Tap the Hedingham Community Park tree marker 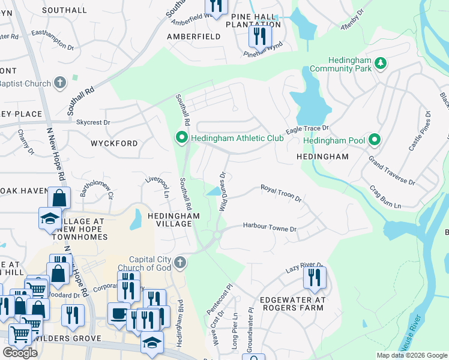pos(380,63)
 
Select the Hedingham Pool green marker pos(375,140)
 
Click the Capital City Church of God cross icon pos(179,262)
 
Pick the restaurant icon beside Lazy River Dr pos(314,278)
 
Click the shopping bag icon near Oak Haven pos(59,197)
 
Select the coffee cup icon pos(117,313)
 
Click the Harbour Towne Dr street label pos(270,227)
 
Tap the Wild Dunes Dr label pos(223,191)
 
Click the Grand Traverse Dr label pos(391,171)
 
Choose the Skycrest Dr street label pos(93,122)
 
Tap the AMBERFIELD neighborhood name pos(195,37)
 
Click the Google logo pos(20,353)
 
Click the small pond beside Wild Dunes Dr pos(212,191)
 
